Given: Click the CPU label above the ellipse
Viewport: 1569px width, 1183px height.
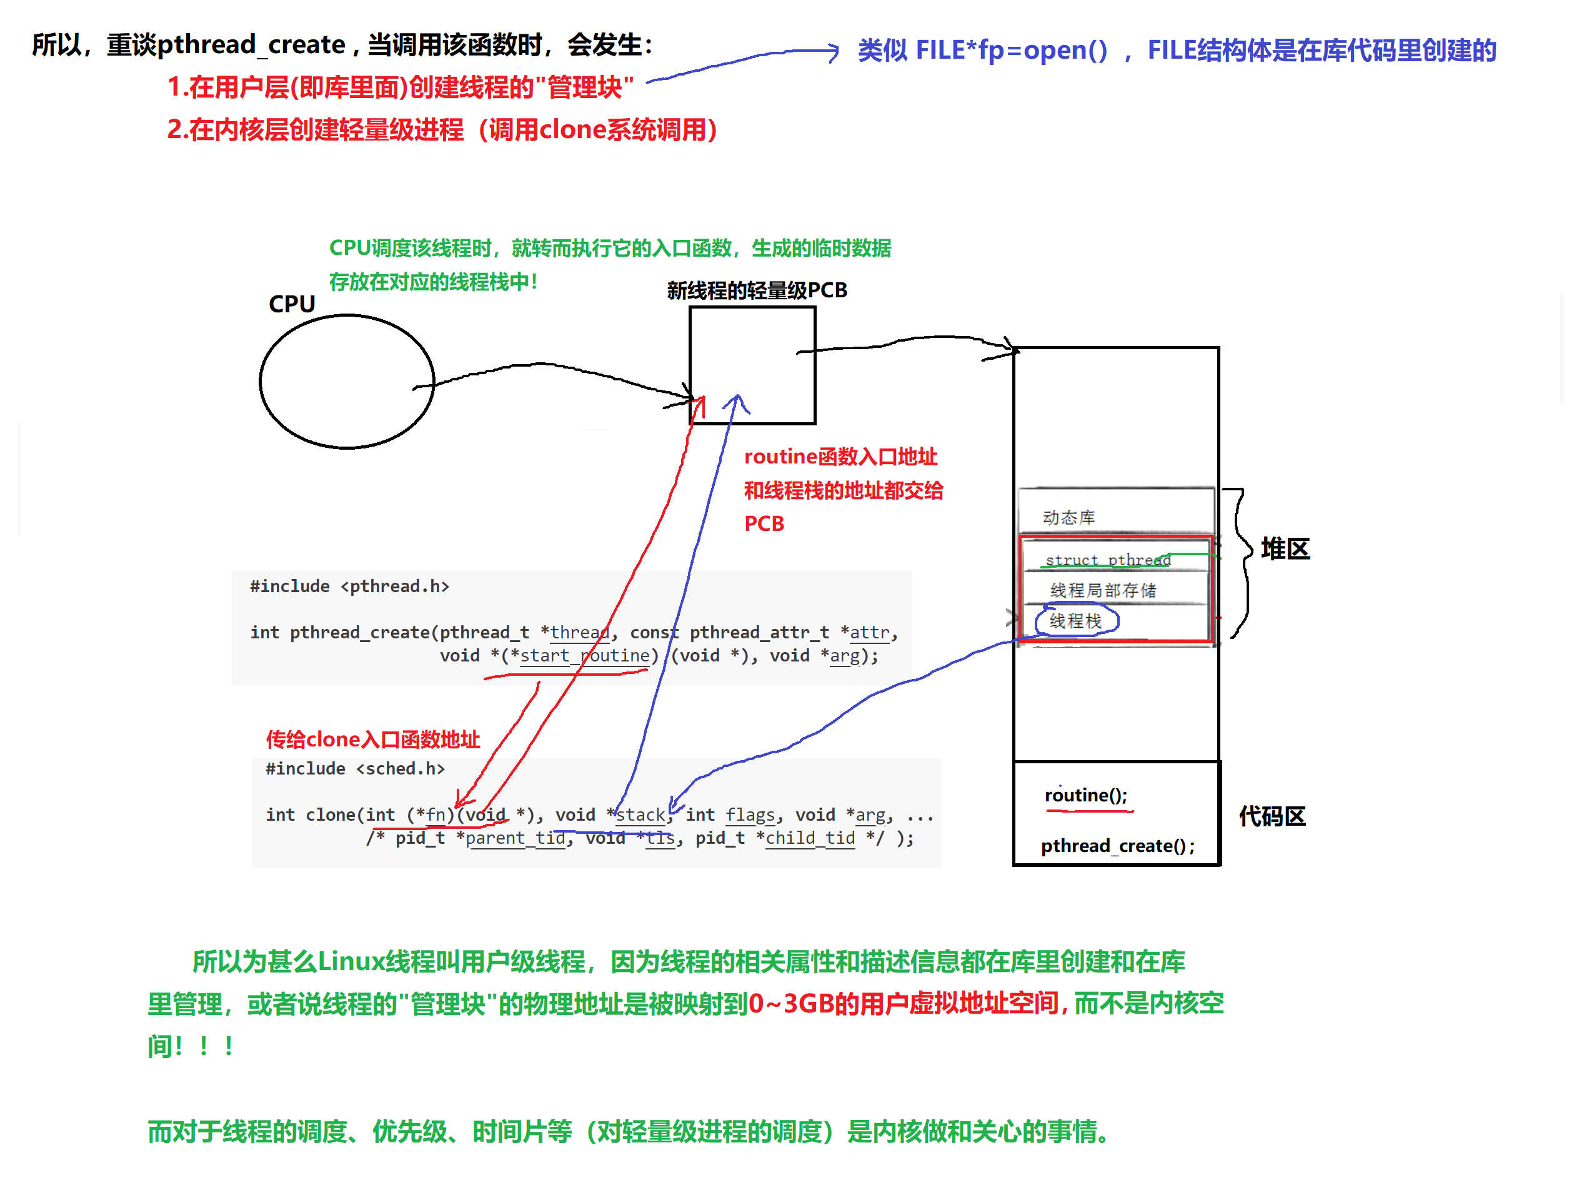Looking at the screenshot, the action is [292, 304].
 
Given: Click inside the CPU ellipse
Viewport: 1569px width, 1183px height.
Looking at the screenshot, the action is [347, 381].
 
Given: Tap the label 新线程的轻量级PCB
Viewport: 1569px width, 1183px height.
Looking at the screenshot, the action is [757, 290].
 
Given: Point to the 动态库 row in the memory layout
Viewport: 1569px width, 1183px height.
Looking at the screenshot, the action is [1069, 517].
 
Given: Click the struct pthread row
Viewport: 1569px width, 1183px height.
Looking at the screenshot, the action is [1108, 560].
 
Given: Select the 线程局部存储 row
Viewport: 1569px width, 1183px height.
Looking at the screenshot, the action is [1103, 590].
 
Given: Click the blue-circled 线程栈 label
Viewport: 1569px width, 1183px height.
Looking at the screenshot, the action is [1075, 621].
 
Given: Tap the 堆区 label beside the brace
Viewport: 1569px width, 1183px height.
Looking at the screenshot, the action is [1285, 549].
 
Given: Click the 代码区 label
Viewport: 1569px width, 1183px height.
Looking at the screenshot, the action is [1272, 816].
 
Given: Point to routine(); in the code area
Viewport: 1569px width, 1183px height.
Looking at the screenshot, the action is [1085, 795].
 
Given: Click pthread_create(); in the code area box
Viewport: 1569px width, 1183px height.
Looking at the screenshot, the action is [1117, 846].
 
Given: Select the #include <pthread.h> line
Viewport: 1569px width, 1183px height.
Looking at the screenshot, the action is [350, 587].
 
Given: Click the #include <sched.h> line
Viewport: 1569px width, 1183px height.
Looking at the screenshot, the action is [355, 769].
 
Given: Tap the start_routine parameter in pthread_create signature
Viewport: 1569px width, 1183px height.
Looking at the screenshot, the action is [584, 655].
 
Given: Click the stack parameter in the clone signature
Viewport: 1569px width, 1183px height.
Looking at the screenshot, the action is [640, 815].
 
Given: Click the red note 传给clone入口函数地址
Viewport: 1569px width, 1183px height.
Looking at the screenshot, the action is [373, 740].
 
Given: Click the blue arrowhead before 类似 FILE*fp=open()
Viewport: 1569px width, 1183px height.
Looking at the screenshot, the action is [833, 51].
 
